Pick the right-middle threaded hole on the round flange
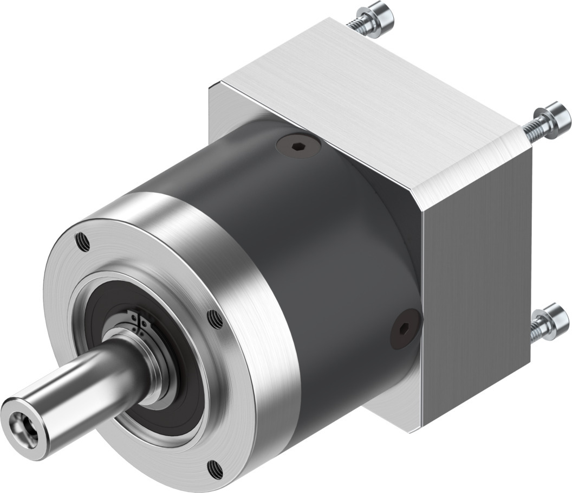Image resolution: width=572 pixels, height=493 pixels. click(x=214, y=318)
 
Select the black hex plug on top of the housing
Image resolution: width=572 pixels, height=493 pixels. click(x=298, y=145)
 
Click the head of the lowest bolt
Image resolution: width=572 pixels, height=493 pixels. click(x=554, y=323)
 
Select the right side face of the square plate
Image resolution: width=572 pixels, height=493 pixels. click(x=477, y=293)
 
